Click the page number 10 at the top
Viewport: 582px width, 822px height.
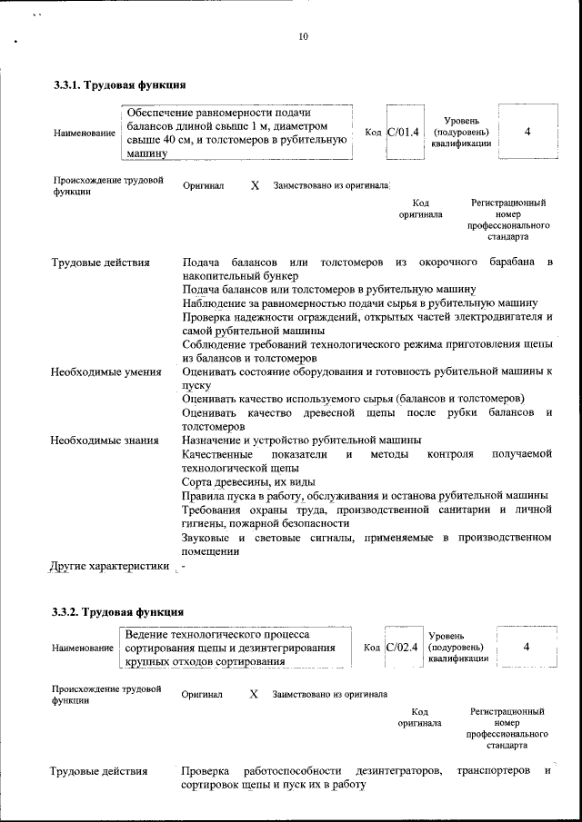pyautogui.click(x=304, y=37)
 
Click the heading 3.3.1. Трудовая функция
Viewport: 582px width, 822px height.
pyautogui.click(x=119, y=85)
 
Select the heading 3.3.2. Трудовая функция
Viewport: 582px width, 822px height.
pyautogui.click(x=118, y=611)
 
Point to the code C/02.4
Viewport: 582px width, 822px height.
pyautogui.click(x=401, y=648)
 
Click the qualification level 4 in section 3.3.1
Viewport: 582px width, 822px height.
pyautogui.click(x=527, y=132)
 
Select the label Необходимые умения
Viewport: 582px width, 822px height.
pyautogui.click(x=106, y=371)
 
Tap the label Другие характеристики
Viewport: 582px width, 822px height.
pyautogui.click(x=110, y=567)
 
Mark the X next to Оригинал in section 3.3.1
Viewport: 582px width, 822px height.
pyautogui.click(x=255, y=185)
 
